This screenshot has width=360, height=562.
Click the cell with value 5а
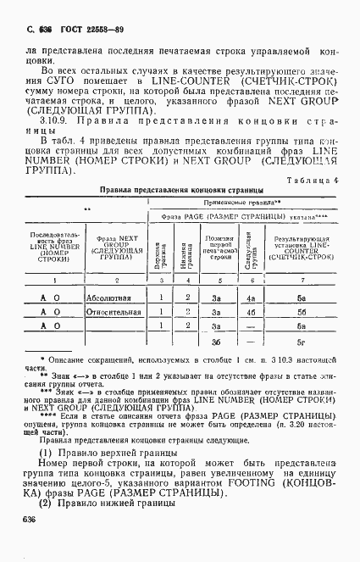(302, 298)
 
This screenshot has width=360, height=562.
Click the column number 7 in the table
(302, 279)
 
